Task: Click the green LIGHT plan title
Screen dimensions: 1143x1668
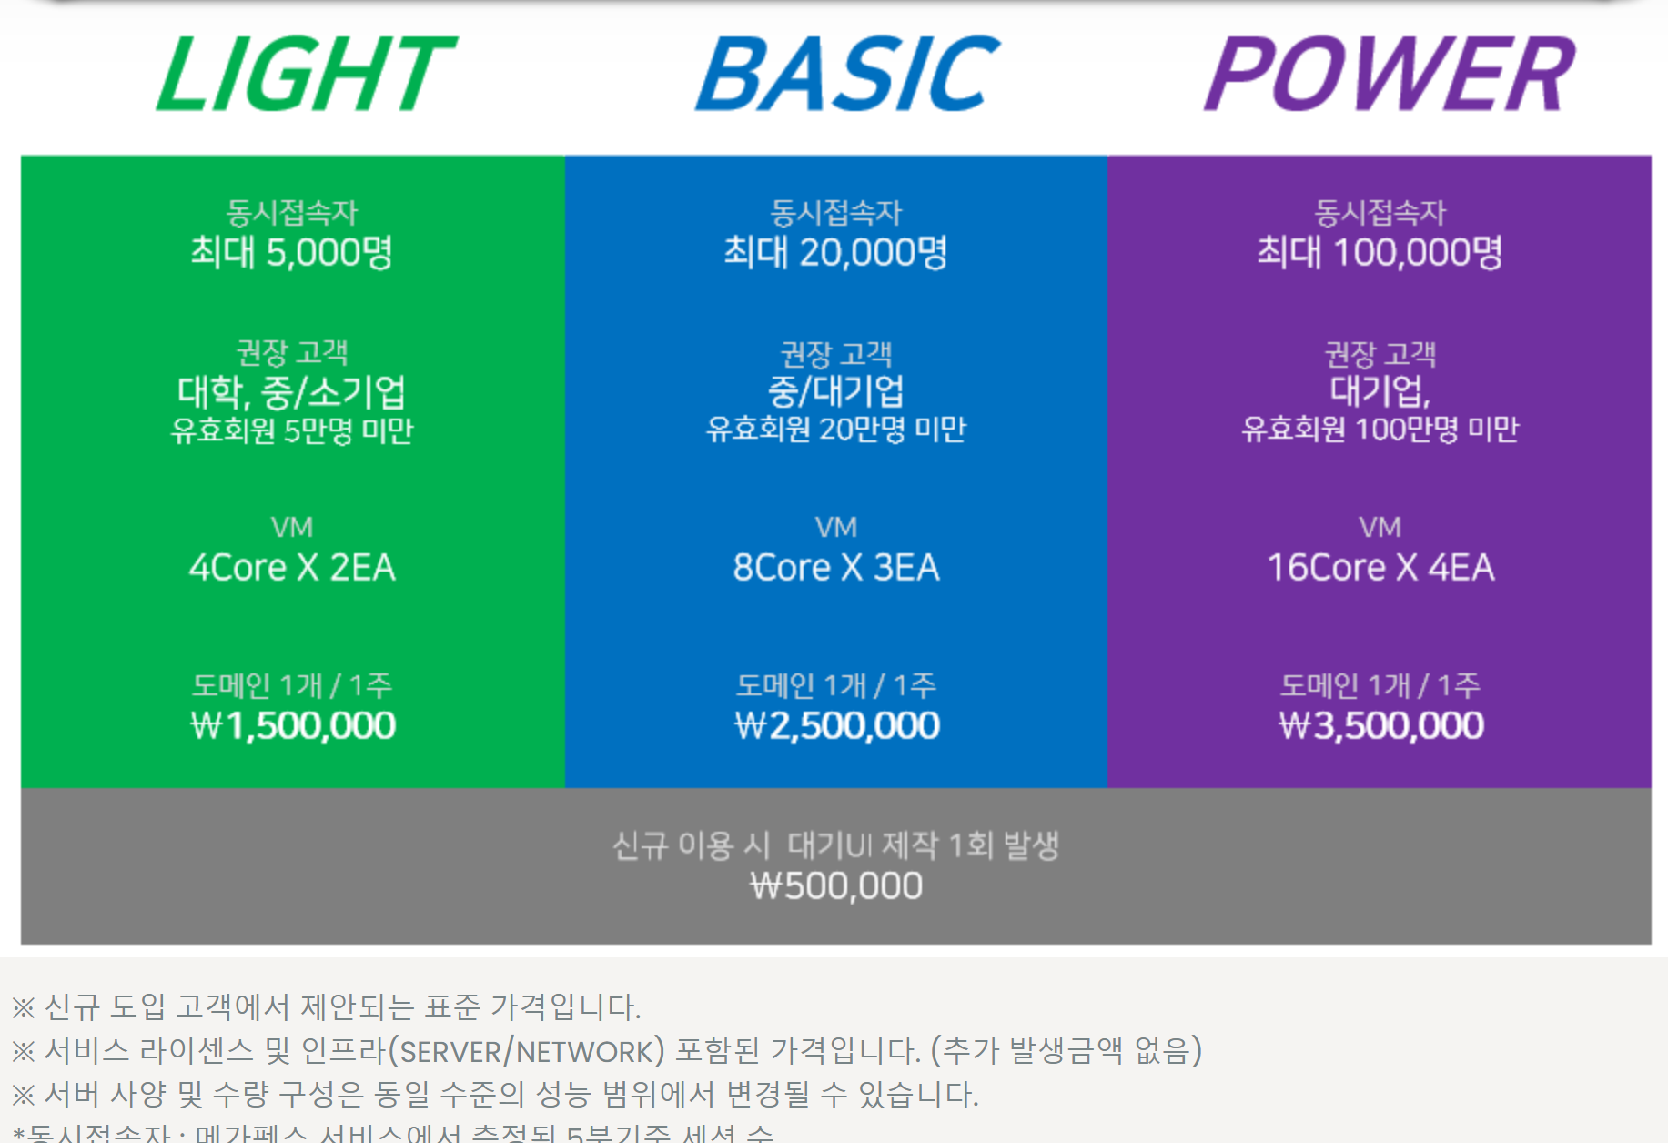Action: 305,75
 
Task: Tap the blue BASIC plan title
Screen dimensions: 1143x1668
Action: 846,75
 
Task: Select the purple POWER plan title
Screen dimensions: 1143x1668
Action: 1389,75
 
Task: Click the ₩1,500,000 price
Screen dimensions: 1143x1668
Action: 293,725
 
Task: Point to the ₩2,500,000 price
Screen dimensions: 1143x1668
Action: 836,725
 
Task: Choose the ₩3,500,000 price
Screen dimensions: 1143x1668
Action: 1380,725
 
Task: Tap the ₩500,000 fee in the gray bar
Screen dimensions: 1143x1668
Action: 836,885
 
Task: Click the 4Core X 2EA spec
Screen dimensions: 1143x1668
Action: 292,568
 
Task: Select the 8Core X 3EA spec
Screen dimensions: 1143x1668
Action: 836,568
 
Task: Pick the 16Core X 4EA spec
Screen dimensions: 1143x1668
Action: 1380,568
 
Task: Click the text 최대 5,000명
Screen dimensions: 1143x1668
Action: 291,252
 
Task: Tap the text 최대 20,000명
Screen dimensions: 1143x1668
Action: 835,252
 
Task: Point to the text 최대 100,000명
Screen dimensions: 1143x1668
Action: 1380,252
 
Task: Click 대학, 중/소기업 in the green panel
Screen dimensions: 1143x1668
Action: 291,392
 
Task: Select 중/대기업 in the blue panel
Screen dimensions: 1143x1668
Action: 836,391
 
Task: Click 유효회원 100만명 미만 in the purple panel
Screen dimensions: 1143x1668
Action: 1380,429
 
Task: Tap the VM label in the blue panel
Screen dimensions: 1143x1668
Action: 836,527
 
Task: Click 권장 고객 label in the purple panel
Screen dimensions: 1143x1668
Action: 1380,353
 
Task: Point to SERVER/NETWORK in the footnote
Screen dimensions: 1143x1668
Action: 527,1051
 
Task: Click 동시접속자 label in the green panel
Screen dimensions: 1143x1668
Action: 292,213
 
